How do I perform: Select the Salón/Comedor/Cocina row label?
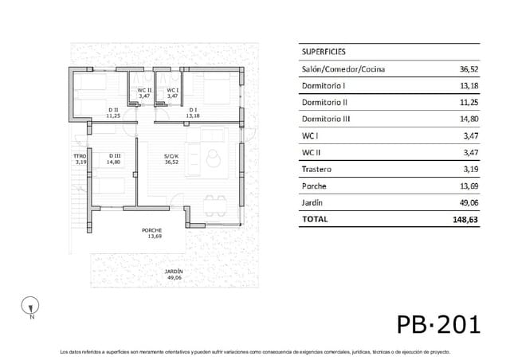tap(343, 69)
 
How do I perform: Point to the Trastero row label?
tap(317, 170)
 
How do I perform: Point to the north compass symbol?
tap(31, 305)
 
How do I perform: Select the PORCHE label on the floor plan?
tap(152, 231)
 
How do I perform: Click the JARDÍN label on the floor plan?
tap(174, 272)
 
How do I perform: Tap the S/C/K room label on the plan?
tap(171, 156)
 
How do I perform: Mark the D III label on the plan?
tap(112, 156)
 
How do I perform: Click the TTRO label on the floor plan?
tap(79, 156)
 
